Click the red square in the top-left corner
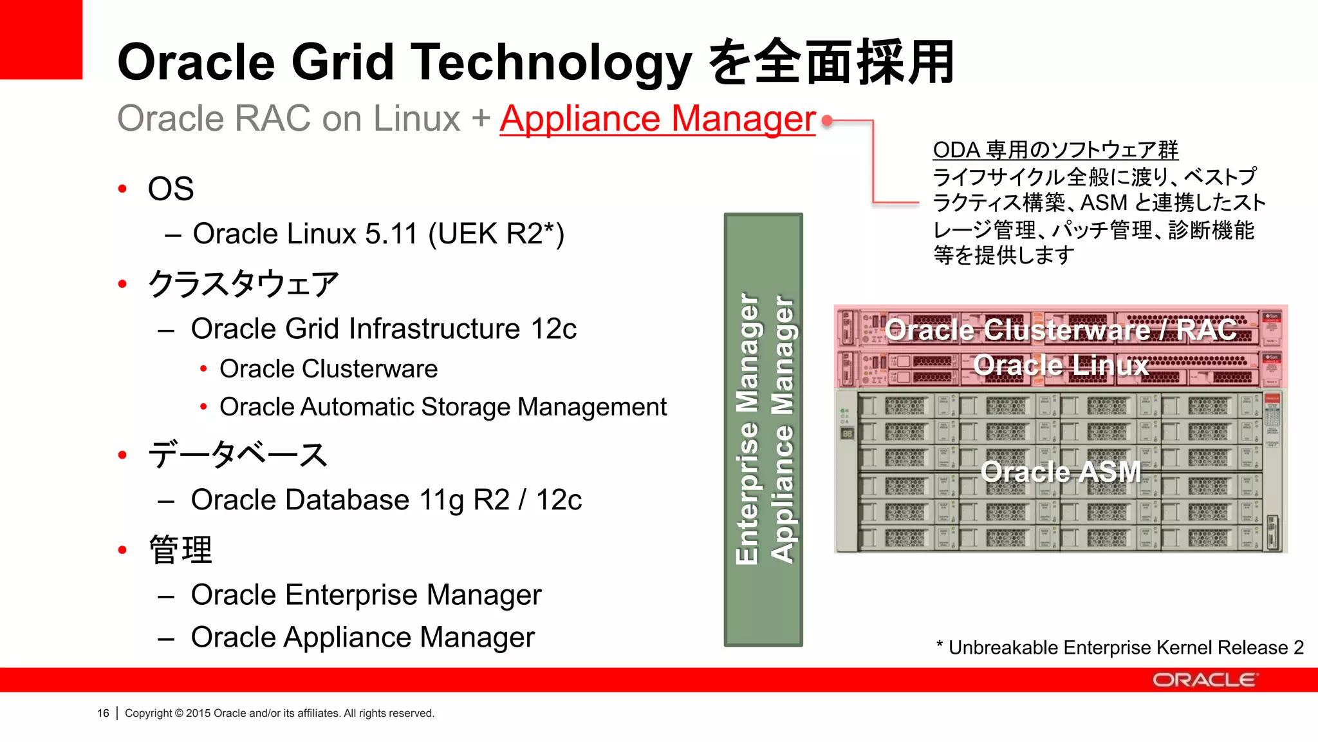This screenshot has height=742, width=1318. [x=41, y=39]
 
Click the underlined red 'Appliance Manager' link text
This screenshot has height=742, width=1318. [x=657, y=119]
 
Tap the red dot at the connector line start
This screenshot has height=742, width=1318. [x=828, y=120]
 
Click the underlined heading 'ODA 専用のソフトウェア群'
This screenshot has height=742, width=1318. [x=1055, y=150]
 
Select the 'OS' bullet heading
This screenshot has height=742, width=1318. [x=171, y=189]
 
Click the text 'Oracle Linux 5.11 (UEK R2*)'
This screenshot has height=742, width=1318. [x=378, y=234]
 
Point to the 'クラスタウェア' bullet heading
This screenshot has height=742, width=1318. [x=243, y=284]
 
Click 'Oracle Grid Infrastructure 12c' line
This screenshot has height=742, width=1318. [x=383, y=329]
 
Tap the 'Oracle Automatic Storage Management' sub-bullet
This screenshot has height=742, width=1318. [x=443, y=407]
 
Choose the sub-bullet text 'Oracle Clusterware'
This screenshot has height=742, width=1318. [x=328, y=369]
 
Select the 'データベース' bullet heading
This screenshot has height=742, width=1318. [x=238, y=455]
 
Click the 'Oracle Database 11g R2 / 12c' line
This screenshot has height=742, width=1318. [x=386, y=500]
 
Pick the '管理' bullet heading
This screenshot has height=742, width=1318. [x=180, y=551]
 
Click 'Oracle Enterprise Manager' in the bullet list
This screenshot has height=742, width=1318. [x=366, y=595]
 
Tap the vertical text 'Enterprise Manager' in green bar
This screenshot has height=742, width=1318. [x=747, y=429]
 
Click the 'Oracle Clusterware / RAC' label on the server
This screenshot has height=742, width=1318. [x=1061, y=330]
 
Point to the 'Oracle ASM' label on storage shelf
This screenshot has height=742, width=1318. [x=1061, y=472]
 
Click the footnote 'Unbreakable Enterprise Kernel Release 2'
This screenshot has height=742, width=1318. [x=1125, y=648]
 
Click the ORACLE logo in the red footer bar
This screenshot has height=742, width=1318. [x=1203, y=680]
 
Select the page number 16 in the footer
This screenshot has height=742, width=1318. [x=103, y=714]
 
